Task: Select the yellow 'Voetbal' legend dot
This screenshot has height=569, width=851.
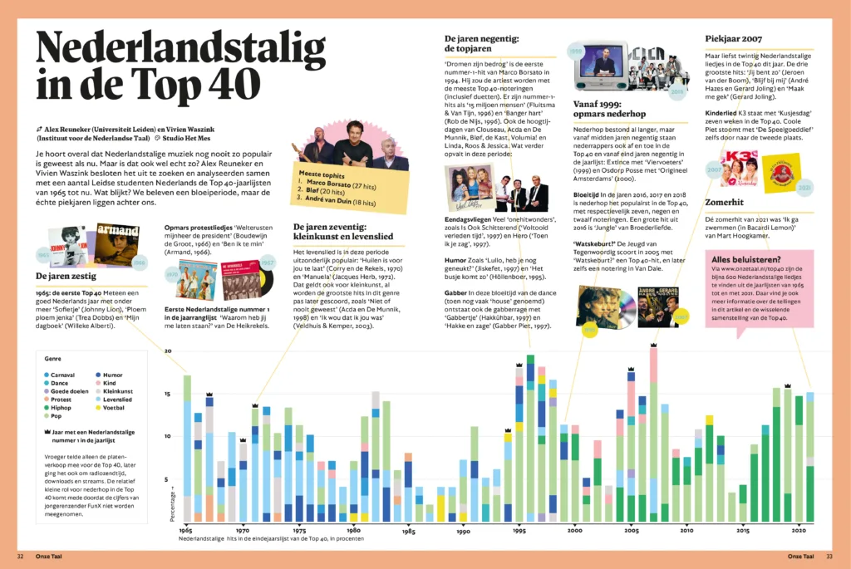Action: [x=98, y=407]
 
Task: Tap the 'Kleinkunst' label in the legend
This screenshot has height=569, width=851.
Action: [x=119, y=390]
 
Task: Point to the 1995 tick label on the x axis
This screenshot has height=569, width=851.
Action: [x=519, y=530]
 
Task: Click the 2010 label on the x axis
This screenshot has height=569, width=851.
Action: [x=686, y=530]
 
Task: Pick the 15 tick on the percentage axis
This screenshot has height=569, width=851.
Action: [x=169, y=394]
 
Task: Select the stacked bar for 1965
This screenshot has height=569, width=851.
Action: [x=187, y=449]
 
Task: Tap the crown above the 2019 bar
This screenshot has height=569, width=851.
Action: [x=787, y=385]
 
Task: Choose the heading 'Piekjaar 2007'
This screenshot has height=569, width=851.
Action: [x=733, y=38]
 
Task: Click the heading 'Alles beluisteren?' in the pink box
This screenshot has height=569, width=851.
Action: [x=745, y=258]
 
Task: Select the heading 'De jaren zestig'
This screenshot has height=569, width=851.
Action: [x=66, y=276]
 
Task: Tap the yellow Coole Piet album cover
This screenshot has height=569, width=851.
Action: [x=781, y=172]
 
